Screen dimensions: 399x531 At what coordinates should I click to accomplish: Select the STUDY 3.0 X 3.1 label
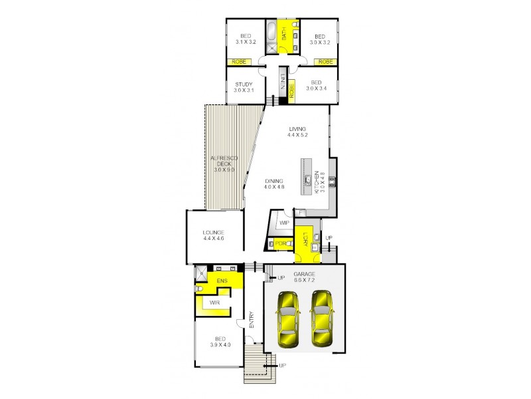(244, 88)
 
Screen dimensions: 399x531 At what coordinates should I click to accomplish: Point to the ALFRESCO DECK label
(224, 164)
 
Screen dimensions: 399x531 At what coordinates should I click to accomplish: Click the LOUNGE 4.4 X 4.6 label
(214, 235)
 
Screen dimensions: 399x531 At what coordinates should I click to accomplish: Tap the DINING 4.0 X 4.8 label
(274, 184)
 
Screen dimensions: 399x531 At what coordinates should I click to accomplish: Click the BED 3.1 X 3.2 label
(245, 39)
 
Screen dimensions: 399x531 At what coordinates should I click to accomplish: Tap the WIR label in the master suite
(214, 303)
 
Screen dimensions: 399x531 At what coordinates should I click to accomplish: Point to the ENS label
(222, 281)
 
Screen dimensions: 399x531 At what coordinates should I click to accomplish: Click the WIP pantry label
(285, 223)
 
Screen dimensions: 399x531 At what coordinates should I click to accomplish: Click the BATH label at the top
(283, 34)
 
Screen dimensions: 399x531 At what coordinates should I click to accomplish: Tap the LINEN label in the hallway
(282, 85)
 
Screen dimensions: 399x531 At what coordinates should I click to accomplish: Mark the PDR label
(281, 243)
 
